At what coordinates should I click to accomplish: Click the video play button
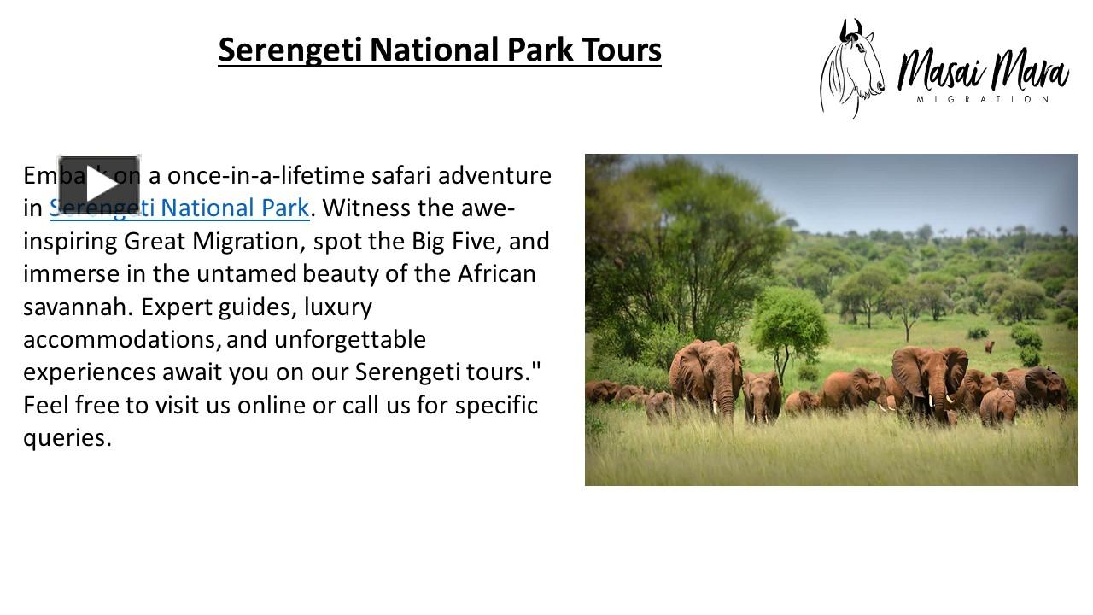tap(99, 184)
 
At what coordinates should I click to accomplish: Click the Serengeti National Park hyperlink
tap(179, 208)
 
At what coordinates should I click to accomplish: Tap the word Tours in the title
tap(622, 50)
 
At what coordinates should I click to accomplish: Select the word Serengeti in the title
tap(290, 50)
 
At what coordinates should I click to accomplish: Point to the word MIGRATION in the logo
tap(983, 100)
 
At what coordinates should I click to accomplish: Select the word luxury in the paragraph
tap(338, 307)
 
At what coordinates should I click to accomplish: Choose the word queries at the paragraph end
tap(67, 438)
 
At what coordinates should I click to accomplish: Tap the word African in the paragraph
tap(497, 274)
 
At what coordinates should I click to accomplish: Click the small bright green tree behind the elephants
tap(789, 320)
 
